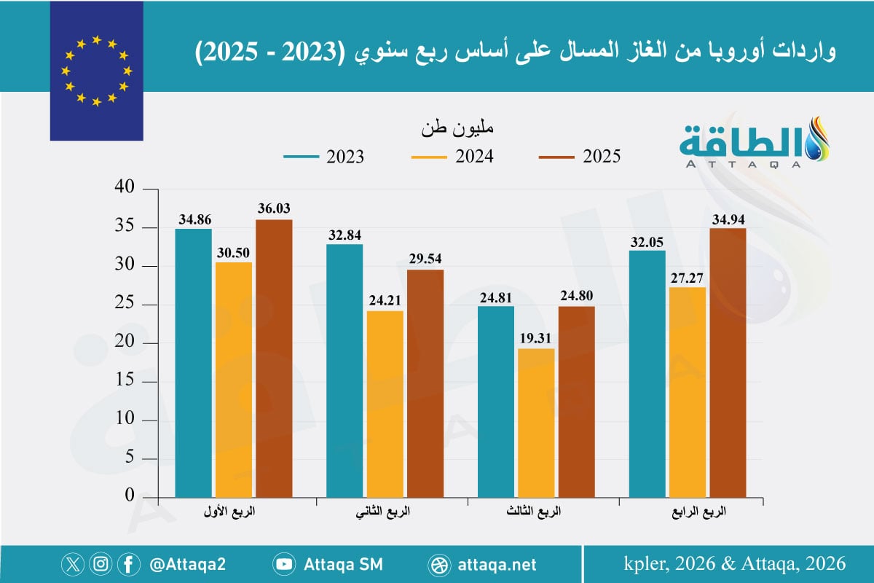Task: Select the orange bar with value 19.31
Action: pyautogui.click(x=536, y=422)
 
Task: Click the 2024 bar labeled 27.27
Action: pyautogui.click(x=686, y=391)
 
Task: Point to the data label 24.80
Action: pyautogui.click(x=576, y=297)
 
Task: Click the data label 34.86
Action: pyautogui.click(x=193, y=219)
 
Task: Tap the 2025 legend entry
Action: pyautogui.click(x=579, y=156)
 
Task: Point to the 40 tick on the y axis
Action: pyautogui.click(x=126, y=189)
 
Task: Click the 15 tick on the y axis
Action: pyautogui.click(x=126, y=381)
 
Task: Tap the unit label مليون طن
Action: pyautogui.click(x=457, y=130)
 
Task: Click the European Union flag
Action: pyautogui.click(x=96, y=71)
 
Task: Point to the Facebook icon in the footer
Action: pyautogui.click(x=128, y=564)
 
